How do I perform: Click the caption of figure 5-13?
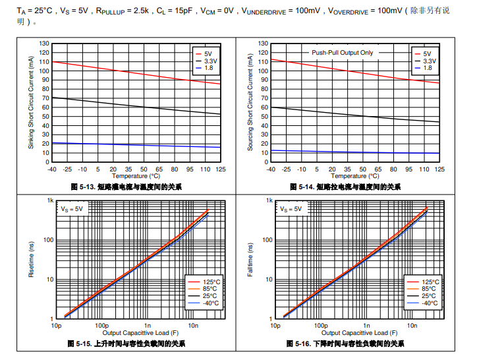coord(126,187)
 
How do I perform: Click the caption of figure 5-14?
coord(345,187)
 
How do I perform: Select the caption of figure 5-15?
coord(126,344)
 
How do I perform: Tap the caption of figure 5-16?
coord(345,344)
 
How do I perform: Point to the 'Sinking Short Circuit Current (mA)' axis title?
coord(31,102)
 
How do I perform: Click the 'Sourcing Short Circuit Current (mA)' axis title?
coord(250,102)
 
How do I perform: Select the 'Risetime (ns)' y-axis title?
coord(31,259)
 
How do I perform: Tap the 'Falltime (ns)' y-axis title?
coord(250,259)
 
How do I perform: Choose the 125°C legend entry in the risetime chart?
coord(207,282)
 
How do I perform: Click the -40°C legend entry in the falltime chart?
coord(428,303)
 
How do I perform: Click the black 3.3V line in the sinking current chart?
coord(132,105)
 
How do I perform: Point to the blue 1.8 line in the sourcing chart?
coord(349,152)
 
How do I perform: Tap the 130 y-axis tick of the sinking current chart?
coord(45,44)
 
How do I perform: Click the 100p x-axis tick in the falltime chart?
coord(320,326)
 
